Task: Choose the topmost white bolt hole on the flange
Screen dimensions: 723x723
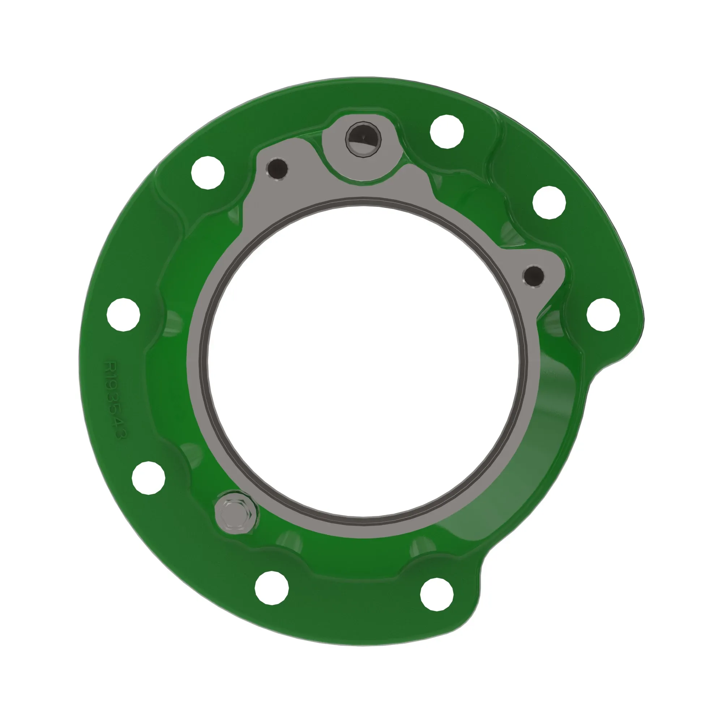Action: pyautogui.click(x=447, y=132)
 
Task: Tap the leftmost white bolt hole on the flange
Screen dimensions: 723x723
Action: pyautogui.click(x=124, y=315)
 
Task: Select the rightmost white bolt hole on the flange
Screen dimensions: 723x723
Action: pyautogui.click(x=603, y=315)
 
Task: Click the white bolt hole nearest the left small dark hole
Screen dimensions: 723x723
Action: pyautogui.click(x=208, y=172)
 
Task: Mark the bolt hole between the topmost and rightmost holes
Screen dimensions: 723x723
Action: pyautogui.click(x=549, y=202)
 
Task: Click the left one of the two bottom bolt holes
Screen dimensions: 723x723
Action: pyautogui.click(x=272, y=587)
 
